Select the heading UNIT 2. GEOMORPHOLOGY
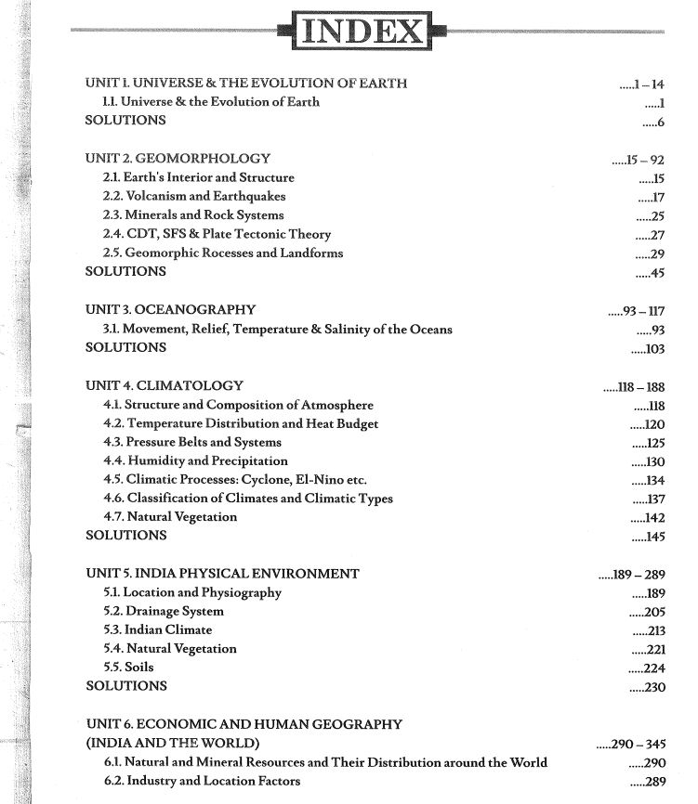(178, 159)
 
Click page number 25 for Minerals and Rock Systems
(656, 216)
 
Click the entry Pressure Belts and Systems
(191, 442)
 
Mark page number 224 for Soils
(652, 668)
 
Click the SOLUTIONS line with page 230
(126, 686)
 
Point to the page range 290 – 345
(639, 744)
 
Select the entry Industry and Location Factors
(201, 782)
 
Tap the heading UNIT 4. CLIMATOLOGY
(165, 385)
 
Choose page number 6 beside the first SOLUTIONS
(661, 122)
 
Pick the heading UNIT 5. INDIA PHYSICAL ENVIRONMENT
(222, 574)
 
